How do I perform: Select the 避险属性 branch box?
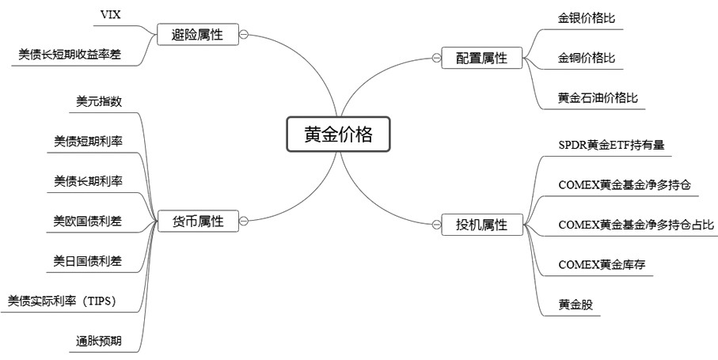coord(198,34)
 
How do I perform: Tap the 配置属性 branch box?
coord(481,58)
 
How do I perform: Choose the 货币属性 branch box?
coord(199,222)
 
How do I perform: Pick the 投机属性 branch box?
coord(481,225)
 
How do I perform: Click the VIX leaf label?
coord(112,15)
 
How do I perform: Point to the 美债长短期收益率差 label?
coord(70,54)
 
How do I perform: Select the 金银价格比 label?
coord(587,17)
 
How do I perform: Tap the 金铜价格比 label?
coord(587,58)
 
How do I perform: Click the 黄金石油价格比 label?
coord(598,98)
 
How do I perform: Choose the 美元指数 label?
coord(98,100)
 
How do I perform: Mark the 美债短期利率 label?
coord(88,141)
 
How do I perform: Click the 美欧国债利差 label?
coord(88,221)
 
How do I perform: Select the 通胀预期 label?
coord(98,341)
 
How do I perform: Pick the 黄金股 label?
coord(575,304)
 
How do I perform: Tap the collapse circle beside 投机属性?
coord(436,225)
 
